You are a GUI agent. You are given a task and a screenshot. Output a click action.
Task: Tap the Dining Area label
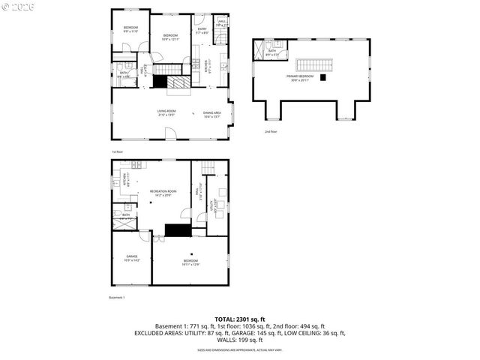point(212,114)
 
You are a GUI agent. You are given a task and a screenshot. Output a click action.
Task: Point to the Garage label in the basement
point(131,259)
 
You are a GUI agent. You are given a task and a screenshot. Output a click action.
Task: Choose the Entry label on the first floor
point(202,31)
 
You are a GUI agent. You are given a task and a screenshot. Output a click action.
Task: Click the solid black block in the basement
point(177,230)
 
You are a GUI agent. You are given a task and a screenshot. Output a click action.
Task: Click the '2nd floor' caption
point(271,131)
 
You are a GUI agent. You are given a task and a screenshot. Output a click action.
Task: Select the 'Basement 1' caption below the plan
point(118,298)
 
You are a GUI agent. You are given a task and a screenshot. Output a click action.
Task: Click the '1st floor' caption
point(118,151)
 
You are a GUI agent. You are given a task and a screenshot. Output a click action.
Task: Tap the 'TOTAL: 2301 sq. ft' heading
point(239,319)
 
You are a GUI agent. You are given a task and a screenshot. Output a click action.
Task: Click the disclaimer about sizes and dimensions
point(239,349)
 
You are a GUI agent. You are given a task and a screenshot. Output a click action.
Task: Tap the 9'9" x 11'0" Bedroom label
point(130,30)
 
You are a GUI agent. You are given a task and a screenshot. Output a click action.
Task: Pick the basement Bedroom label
point(190,262)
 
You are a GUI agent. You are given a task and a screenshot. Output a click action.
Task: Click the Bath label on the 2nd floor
point(272,52)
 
